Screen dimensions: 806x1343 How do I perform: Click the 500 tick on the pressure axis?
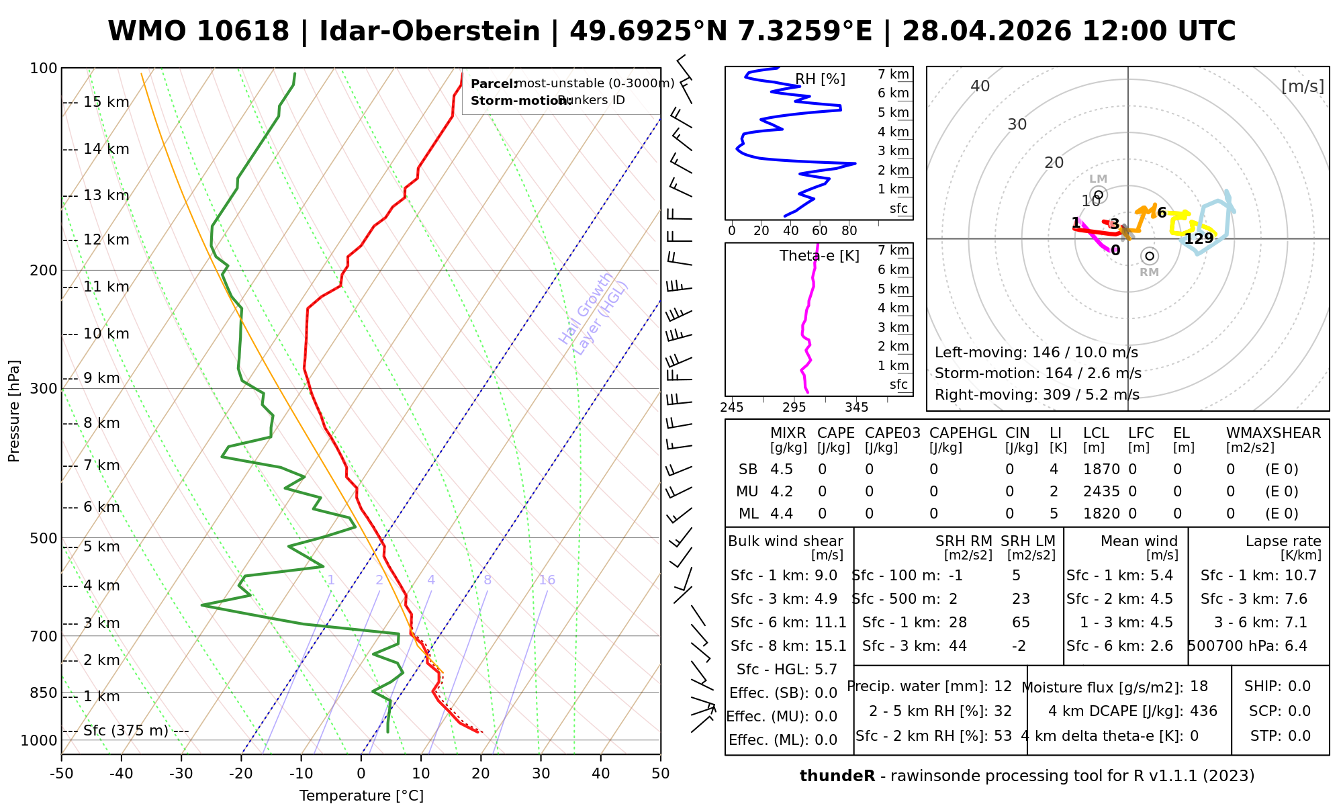tap(44, 538)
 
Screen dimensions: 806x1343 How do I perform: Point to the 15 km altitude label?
tap(106, 102)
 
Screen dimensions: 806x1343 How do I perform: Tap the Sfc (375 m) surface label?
tap(126, 731)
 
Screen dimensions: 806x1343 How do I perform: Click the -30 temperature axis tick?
tap(181, 774)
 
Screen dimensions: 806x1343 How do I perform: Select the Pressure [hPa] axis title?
tap(14, 411)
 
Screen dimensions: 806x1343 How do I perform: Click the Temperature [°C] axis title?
tap(361, 796)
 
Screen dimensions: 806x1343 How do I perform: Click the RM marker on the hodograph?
tap(1150, 256)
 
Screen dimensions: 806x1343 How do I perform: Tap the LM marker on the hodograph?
tap(1099, 195)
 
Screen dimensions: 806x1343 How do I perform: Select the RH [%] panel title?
tap(820, 79)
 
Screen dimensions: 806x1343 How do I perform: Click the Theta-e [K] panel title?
tap(819, 256)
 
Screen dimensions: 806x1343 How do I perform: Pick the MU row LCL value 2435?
tap(1101, 492)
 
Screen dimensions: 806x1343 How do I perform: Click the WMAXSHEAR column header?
tap(1273, 433)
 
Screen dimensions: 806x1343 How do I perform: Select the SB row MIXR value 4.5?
tap(782, 469)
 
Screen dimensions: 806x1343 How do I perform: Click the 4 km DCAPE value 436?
tap(1203, 711)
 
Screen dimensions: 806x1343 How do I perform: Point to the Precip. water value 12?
tap(1003, 686)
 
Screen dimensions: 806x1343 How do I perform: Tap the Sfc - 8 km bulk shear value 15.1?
tap(831, 646)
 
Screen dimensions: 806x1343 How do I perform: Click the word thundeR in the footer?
tap(837, 776)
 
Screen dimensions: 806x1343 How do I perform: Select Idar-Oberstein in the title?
tap(430, 32)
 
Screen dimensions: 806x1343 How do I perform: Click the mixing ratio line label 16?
tap(547, 580)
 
